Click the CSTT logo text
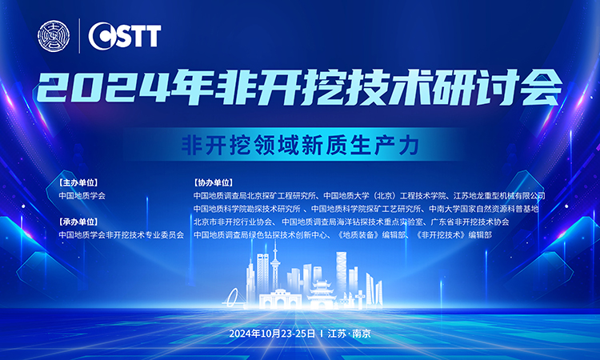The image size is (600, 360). (125, 35)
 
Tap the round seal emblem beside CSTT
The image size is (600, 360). (54, 36)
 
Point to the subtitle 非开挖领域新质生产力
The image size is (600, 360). (300, 145)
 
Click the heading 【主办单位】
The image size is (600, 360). (78, 182)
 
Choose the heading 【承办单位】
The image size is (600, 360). (78, 222)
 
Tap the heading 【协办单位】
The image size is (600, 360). (213, 182)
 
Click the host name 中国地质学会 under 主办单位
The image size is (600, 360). (82, 196)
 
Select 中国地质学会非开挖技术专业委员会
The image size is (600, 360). (122, 235)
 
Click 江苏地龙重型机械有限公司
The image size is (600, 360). (499, 196)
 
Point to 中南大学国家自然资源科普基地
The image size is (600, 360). (484, 209)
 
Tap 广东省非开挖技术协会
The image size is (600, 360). (470, 222)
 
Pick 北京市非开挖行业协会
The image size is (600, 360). (233, 222)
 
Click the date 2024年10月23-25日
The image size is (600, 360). (272, 334)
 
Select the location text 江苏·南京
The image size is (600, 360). (349, 334)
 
